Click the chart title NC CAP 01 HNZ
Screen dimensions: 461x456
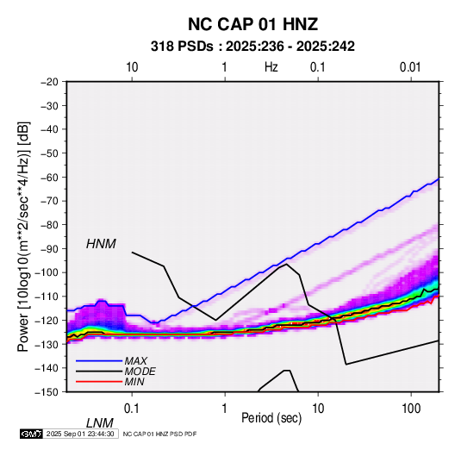click(252, 24)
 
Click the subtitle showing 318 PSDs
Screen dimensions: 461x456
click(252, 47)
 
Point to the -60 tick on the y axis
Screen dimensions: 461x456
click(50, 177)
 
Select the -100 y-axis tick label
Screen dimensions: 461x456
click(47, 272)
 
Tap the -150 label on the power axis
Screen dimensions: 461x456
click(47, 392)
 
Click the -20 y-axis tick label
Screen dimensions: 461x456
click(50, 82)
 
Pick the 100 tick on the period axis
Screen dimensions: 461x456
click(411, 409)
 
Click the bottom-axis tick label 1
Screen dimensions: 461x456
click(225, 409)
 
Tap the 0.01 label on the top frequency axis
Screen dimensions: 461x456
click(410, 67)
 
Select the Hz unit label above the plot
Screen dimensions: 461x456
click(271, 67)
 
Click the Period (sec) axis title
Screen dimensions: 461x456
click(271, 418)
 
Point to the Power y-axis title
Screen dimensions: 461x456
click(23, 237)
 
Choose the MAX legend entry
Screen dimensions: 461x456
click(135, 361)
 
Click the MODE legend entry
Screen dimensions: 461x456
click(140, 372)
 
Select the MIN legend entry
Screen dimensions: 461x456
click(134, 382)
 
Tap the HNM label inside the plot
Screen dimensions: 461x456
click(101, 244)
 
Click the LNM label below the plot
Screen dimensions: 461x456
click(100, 423)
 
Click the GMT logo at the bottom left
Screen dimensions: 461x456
click(32, 434)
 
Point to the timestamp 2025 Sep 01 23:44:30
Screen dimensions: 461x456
click(80, 434)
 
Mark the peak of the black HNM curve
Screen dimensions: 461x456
click(286, 264)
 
